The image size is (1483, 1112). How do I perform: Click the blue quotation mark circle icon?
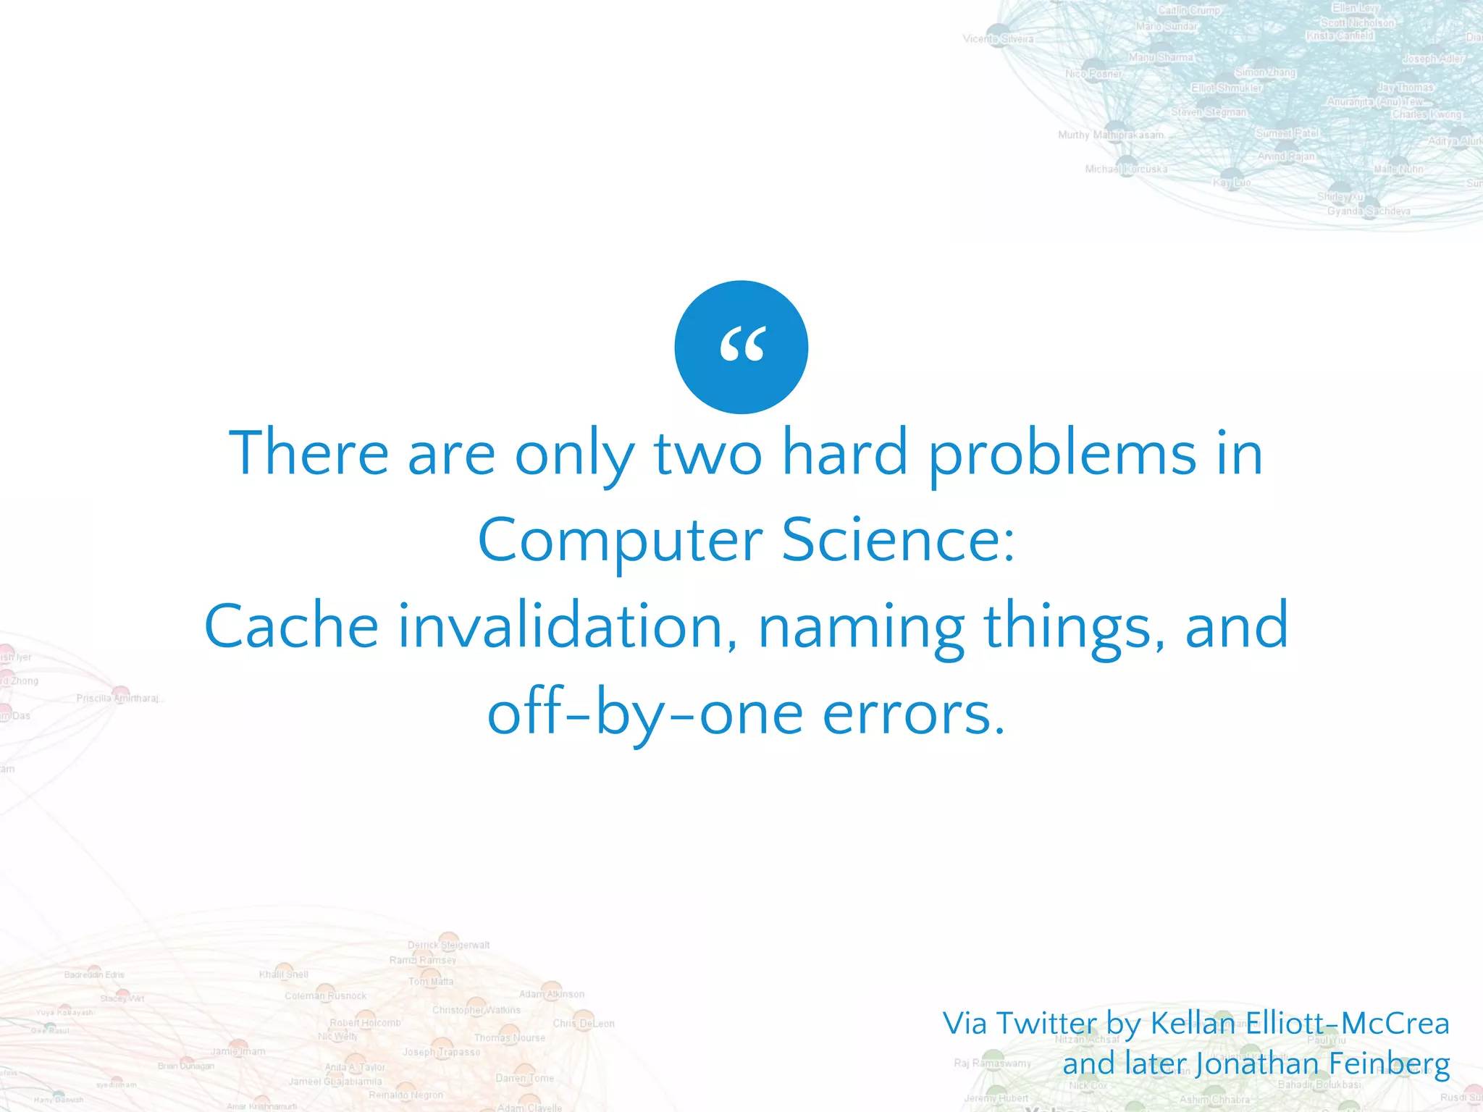pos(741,347)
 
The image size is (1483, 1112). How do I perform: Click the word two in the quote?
pos(707,455)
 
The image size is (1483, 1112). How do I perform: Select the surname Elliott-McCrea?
pos(1348,1024)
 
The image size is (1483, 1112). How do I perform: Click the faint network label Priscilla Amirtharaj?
pos(119,699)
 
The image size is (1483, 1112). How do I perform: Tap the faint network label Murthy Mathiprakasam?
pos(1111,135)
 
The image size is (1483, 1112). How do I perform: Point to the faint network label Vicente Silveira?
pos(998,38)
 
